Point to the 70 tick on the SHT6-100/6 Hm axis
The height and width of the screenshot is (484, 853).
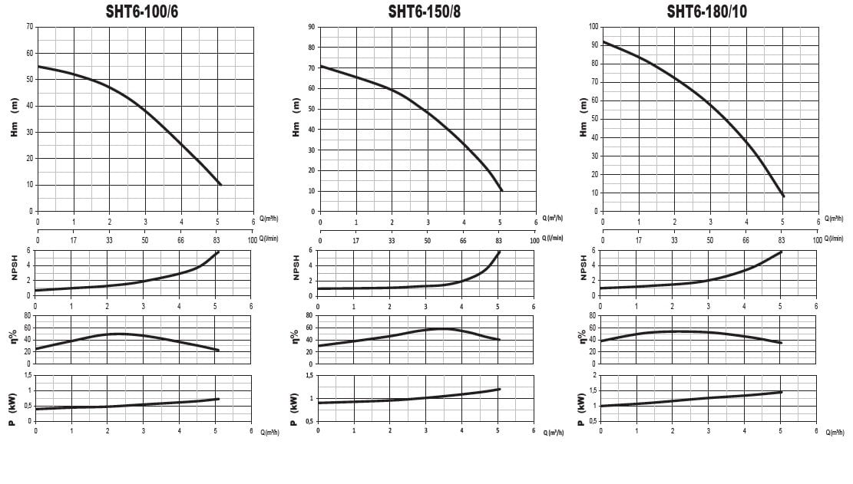click(x=30, y=27)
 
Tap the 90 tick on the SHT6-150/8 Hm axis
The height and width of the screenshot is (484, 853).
click(x=312, y=27)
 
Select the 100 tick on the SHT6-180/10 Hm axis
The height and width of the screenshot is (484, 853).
click(x=593, y=27)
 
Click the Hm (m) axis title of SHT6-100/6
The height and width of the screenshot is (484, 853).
click(x=14, y=119)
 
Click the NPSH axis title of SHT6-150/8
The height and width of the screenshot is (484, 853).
click(x=296, y=265)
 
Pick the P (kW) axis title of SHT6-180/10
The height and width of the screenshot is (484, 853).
click(x=580, y=407)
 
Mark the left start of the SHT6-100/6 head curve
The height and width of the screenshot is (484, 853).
click(x=38, y=67)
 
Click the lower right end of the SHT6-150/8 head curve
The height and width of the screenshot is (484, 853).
click(x=501, y=190)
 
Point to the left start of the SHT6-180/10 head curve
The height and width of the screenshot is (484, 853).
click(x=603, y=42)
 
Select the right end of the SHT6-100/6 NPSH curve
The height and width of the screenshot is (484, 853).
click(x=219, y=252)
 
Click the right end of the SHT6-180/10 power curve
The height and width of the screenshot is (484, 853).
click(x=782, y=392)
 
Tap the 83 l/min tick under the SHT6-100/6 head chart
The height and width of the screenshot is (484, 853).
click(x=217, y=239)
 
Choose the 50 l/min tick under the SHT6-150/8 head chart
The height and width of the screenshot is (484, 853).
click(x=428, y=239)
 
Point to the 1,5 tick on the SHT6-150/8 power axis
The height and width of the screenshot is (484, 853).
click(x=309, y=375)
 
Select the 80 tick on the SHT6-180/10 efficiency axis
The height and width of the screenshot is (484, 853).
click(x=593, y=315)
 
